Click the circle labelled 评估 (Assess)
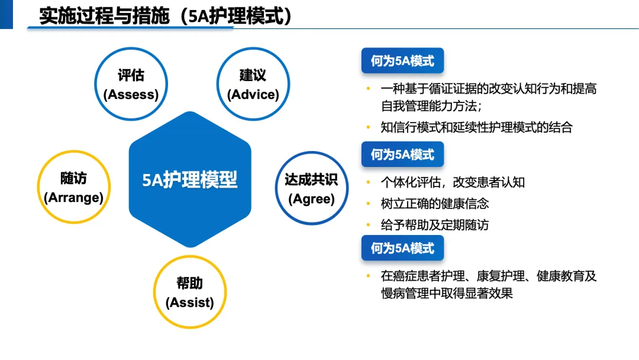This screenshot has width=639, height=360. click(x=131, y=84)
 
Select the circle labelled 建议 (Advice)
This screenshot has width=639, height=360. click(x=253, y=84)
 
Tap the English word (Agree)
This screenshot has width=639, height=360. click(x=311, y=199)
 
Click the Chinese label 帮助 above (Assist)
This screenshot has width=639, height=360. click(x=190, y=282)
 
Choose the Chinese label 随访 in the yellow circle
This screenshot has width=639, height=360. click(x=73, y=178)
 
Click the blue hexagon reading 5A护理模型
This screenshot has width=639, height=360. click(x=190, y=179)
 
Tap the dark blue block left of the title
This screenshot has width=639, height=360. click(x=6, y=14)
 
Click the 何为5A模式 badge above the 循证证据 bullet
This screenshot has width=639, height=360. click(x=402, y=61)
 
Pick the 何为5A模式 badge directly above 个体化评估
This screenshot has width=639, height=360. click(x=402, y=155)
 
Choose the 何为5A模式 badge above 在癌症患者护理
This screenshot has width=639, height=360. click(x=402, y=248)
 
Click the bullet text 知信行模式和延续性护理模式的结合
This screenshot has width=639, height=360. click(x=476, y=127)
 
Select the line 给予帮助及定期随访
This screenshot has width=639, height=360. click(x=435, y=225)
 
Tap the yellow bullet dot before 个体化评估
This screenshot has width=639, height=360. click(x=367, y=182)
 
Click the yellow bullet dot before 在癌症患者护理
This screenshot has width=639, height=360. click(x=367, y=276)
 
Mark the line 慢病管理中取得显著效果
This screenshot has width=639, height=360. click(x=447, y=293)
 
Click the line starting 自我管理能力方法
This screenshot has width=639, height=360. click(x=431, y=107)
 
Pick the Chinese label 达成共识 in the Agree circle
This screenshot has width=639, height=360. click(x=311, y=179)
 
